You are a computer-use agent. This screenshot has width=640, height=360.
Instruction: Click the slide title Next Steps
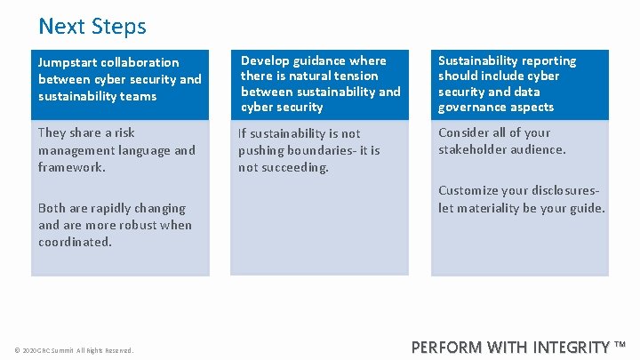(x=92, y=27)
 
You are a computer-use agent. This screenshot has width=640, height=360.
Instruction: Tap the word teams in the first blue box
(x=137, y=96)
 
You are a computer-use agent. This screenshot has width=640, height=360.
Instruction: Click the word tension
(x=356, y=76)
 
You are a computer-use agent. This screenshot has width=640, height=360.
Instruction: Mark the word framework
(x=71, y=166)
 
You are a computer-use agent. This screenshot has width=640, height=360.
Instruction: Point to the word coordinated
(x=75, y=242)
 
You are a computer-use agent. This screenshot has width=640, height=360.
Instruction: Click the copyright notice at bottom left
(x=74, y=350)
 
